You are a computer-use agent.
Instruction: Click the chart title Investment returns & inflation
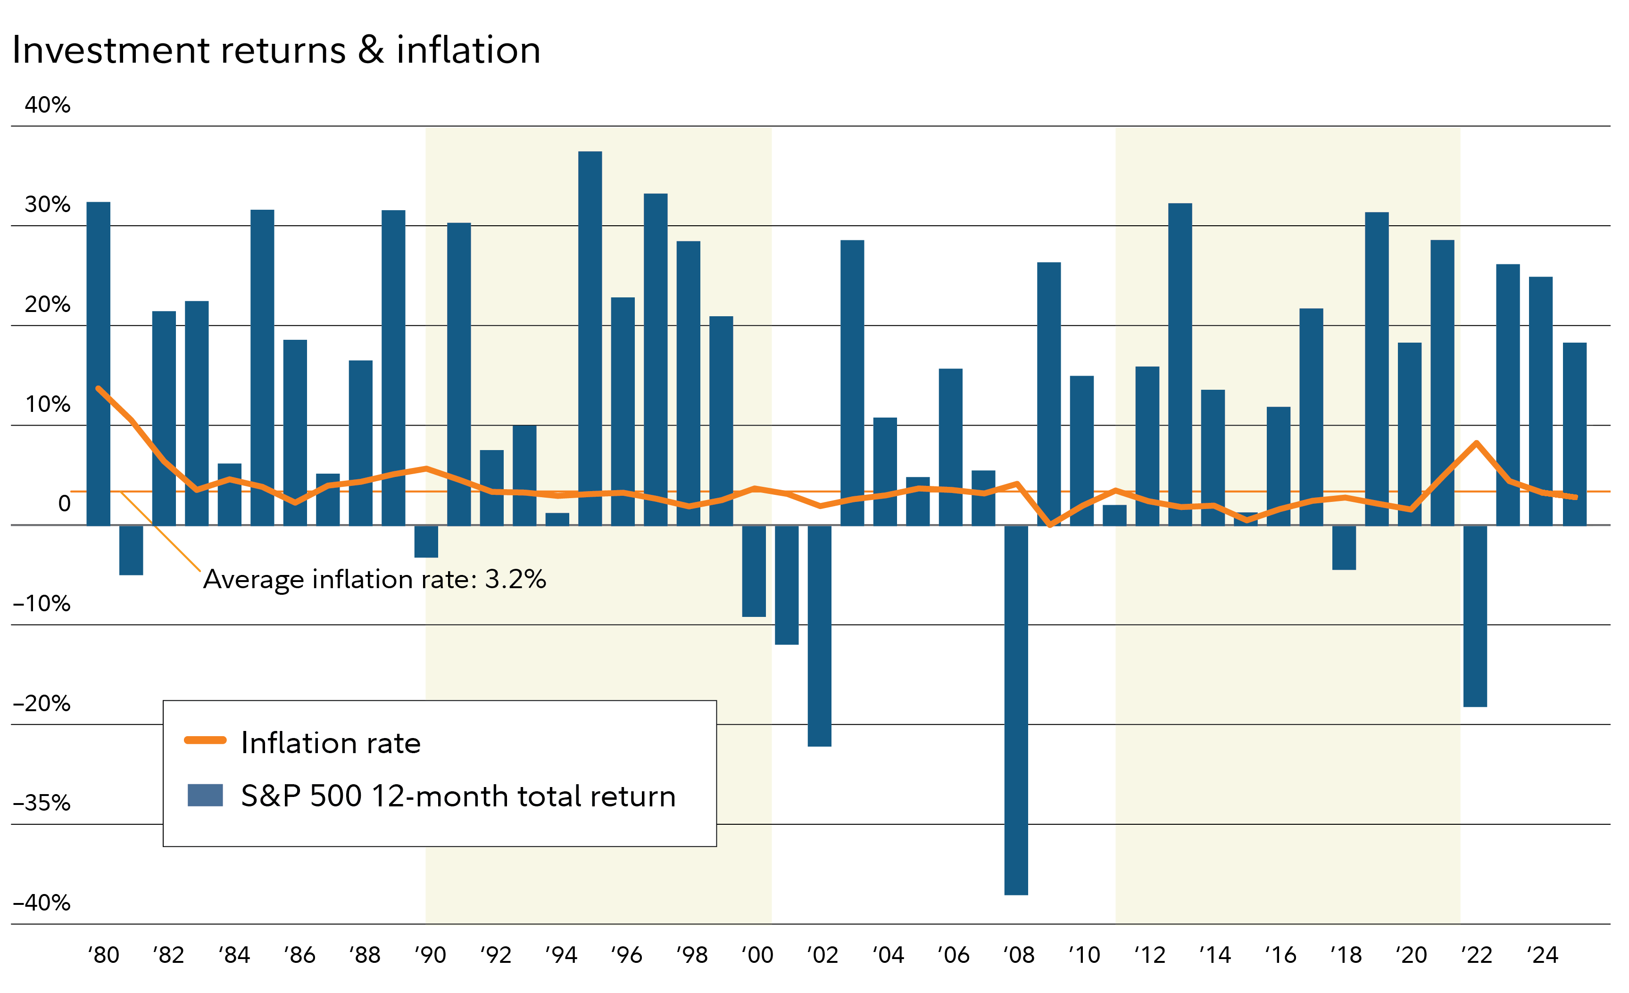pyautogui.click(x=276, y=50)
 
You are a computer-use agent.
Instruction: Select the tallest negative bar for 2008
pyautogui.click(x=1016, y=710)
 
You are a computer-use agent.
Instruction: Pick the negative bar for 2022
pyautogui.click(x=1475, y=616)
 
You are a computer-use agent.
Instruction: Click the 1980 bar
pyautogui.click(x=99, y=363)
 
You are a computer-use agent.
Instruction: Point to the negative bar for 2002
pyautogui.click(x=819, y=636)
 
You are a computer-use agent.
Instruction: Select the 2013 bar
pyautogui.click(x=1180, y=364)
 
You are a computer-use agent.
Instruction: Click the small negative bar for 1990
pyautogui.click(x=426, y=541)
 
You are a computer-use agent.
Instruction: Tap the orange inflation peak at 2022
pyautogui.click(x=1476, y=443)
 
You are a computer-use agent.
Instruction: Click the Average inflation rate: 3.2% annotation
pyautogui.click(x=374, y=579)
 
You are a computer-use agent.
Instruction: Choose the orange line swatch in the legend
pyautogui.click(x=205, y=740)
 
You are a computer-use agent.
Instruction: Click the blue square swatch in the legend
pyautogui.click(x=205, y=795)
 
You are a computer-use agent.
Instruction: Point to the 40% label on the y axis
pyautogui.click(x=47, y=105)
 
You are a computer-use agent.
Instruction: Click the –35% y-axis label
pyautogui.click(x=42, y=803)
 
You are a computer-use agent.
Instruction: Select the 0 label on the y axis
pyautogui.click(x=64, y=503)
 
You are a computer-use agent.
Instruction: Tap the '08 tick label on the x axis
pyautogui.click(x=1019, y=955)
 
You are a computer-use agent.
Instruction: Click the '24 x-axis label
pyautogui.click(x=1542, y=955)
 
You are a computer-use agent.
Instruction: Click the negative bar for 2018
pyautogui.click(x=1344, y=548)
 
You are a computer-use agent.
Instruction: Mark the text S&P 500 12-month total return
pyautogui.click(x=458, y=796)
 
